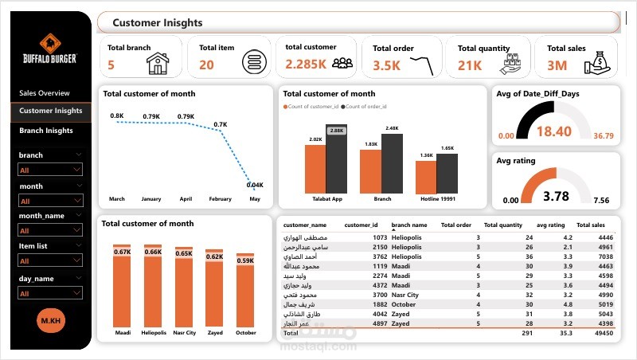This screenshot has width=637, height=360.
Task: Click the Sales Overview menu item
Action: click(x=45, y=93)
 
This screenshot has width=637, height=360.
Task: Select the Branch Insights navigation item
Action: click(x=45, y=131)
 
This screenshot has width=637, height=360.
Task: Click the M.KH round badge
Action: click(x=50, y=320)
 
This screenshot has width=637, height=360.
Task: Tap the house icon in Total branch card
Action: click(x=158, y=63)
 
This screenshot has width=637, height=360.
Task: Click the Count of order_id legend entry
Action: click(x=367, y=106)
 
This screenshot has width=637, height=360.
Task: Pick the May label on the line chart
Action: click(x=254, y=198)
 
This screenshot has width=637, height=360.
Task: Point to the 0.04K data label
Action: click(x=255, y=185)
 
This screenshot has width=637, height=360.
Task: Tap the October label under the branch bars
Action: click(x=245, y=333)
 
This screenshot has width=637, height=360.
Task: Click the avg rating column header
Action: click(x=550, y=225)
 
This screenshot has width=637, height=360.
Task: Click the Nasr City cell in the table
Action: click(x=405, y=294)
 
